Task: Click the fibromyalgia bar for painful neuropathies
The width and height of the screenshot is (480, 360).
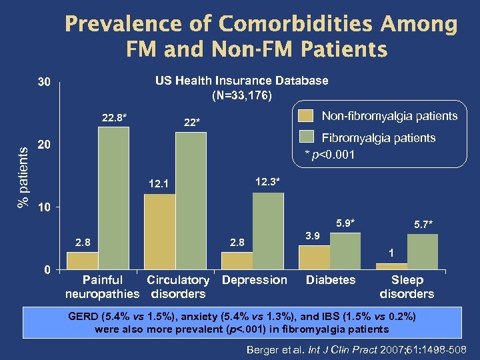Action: [113, 198]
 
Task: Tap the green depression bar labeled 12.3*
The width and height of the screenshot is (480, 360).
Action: [268, 231]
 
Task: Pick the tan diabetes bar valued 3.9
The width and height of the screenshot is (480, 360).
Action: [314, 257]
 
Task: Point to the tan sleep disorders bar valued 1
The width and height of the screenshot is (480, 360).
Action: [391, 266]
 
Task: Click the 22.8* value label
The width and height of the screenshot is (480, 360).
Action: [115, 119]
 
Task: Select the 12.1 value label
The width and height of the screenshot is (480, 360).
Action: [159, 184]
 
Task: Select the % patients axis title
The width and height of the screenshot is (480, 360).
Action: [23, 177]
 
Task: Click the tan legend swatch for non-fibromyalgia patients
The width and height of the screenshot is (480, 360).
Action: [305, 116]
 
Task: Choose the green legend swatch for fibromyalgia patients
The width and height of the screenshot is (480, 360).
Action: [305, 138]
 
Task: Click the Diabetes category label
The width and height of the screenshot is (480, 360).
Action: [330, 280]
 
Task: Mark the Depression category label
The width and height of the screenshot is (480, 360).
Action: [255, 280]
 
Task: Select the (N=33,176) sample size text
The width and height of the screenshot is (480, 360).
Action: [241, 95]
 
